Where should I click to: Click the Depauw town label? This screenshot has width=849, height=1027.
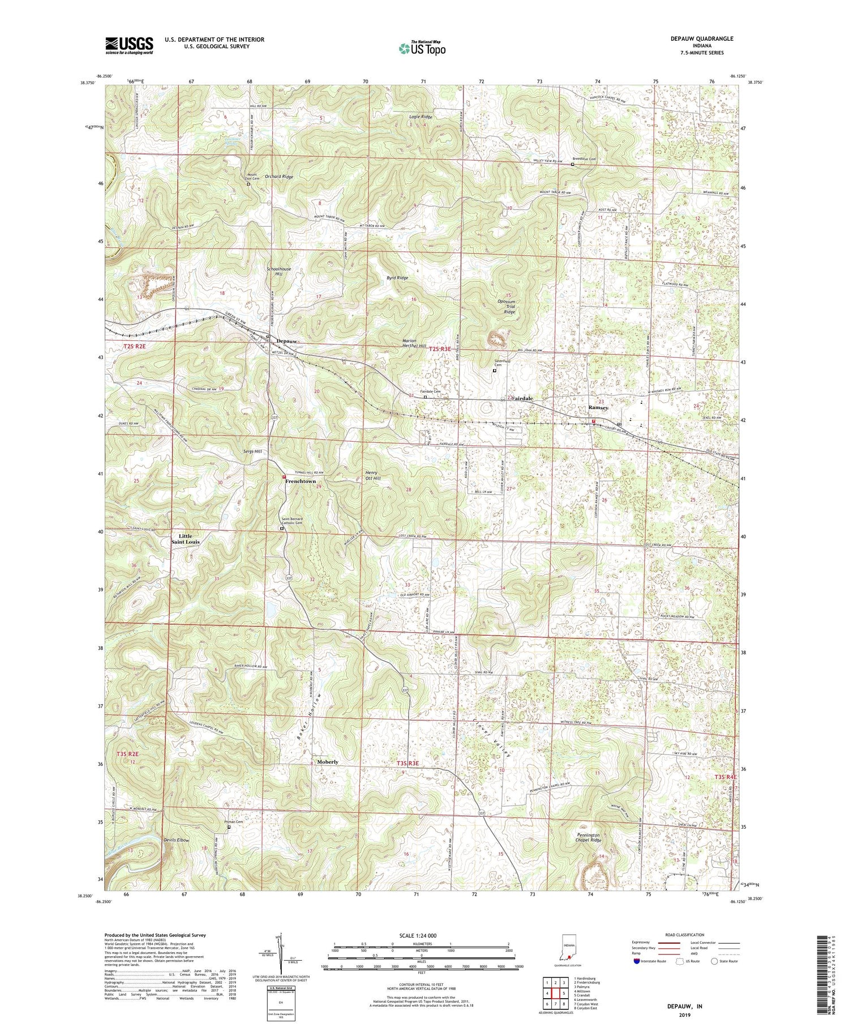(290, 341)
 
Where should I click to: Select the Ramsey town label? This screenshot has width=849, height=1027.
(598, 407)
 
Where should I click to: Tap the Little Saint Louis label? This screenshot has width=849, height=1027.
(186, 539)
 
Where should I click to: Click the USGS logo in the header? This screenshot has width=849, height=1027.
(129, 45)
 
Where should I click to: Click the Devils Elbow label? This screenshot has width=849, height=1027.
(175, 840)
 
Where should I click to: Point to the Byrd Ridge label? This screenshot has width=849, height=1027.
(397, 278)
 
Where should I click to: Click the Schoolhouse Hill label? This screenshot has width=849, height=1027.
(279, 271)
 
